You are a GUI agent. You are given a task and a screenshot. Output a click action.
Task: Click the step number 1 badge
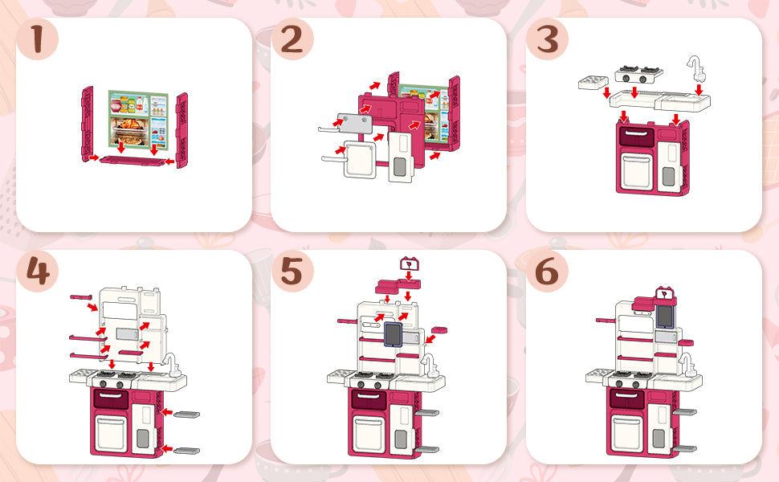coord(37,39)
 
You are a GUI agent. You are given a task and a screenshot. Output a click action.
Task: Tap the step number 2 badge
coord(292,39)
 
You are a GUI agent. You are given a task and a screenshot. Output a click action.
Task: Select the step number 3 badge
coord(547,39)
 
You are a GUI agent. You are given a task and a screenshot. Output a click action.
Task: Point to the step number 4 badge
coord(37,272)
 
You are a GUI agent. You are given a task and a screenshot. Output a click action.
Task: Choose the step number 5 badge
coord(292,272)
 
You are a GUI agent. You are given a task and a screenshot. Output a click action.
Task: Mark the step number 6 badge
coord(547,272)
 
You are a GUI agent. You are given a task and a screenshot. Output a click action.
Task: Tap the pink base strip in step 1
coord(133,161)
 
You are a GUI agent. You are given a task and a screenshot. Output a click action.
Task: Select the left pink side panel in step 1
coord(88,125)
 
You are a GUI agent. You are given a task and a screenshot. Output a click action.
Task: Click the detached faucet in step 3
coord(695,68)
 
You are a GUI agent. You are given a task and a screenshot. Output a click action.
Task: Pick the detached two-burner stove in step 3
coord(638,75)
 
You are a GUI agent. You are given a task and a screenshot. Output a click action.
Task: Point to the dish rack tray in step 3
coord(593,83)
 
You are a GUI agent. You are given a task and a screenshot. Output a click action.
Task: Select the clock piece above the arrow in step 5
coord(410,263)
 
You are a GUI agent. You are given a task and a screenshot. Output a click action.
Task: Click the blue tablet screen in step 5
coord(393,334)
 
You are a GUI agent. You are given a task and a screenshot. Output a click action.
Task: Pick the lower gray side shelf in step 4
coord(187,451)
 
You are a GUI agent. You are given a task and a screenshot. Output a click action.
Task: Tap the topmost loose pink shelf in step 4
coord(81,297)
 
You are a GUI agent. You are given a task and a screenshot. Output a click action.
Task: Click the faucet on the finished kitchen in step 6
coord(687,366)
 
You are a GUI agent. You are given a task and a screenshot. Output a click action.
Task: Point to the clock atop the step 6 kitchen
coord(665,293)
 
